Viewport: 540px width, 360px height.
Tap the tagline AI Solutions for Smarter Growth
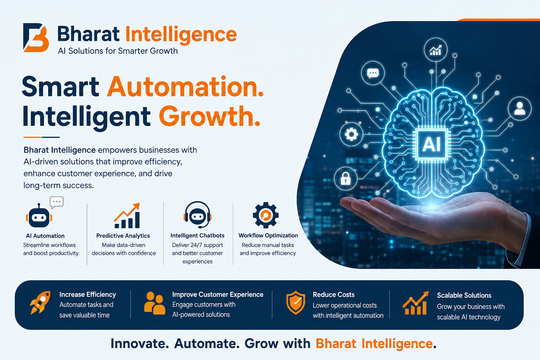(x=118, y=51)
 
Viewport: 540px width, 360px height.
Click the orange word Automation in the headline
(x=185, y=86)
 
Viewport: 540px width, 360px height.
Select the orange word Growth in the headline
(x=210, y=116)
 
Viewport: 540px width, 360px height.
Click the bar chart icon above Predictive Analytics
(x=127, y=216)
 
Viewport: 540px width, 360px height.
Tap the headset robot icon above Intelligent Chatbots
(x=198, y=215)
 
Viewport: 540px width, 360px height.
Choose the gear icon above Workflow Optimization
(x=266, y=215)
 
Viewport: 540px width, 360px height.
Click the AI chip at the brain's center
(x=431, y=144)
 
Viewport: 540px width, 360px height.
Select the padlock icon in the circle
(x=346, y=179)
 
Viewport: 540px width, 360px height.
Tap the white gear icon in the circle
(x=351, y=134)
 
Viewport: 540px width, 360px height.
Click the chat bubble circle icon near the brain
(x=373, y=73)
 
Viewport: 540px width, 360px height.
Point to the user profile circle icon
(x=520, y=109)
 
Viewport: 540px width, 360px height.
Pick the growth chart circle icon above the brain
(x=435, y=50)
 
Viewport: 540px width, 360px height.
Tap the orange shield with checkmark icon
(x=296, y=303)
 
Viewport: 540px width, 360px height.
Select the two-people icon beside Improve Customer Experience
(x=155, y=303)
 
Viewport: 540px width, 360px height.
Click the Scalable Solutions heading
(x=464, y=295)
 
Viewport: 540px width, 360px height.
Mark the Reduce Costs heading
(x=334, y=294)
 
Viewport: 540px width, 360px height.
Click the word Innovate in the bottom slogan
(x=140, y=343)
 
